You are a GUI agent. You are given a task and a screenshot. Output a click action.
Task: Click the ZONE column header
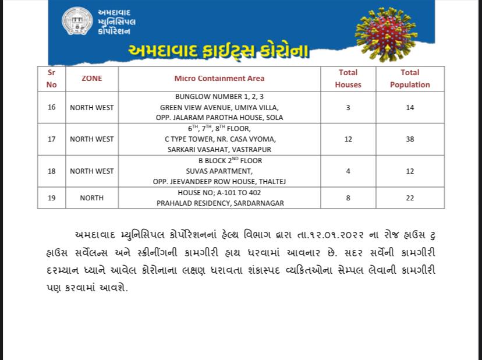click(x=91, y=79)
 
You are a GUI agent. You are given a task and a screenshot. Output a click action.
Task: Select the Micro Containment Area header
click(x=219, y=79)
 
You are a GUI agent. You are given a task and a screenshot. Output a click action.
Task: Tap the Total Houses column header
click(x=348, y=79)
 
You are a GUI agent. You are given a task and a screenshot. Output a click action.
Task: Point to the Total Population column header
click(x=410, y=79)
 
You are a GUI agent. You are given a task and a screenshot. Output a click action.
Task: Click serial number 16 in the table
click(x=52, y=107)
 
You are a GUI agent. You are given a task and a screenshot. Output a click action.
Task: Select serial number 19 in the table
click(x=52, y=198)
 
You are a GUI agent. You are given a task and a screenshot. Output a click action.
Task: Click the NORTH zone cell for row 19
click(x=91, y=198)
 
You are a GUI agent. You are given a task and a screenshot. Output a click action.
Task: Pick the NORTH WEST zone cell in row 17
click(x=91, y=139)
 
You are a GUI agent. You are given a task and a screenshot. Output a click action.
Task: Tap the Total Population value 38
click(x=410, y=139)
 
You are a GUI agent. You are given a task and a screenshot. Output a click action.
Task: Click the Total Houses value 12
click(x=348, y=139)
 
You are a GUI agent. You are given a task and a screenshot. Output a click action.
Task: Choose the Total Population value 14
click(x=410, y=107)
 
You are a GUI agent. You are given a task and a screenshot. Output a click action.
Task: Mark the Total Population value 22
click(x=410, y=198)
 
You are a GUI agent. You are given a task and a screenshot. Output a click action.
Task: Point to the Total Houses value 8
click(x=348, y=198)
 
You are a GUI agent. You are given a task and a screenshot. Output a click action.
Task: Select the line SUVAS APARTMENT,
click(x=219, y=171)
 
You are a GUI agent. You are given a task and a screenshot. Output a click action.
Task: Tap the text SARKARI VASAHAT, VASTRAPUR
click(x=219, y=150)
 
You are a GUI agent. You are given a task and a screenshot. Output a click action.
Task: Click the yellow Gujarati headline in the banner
click(x=219, y=51)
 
